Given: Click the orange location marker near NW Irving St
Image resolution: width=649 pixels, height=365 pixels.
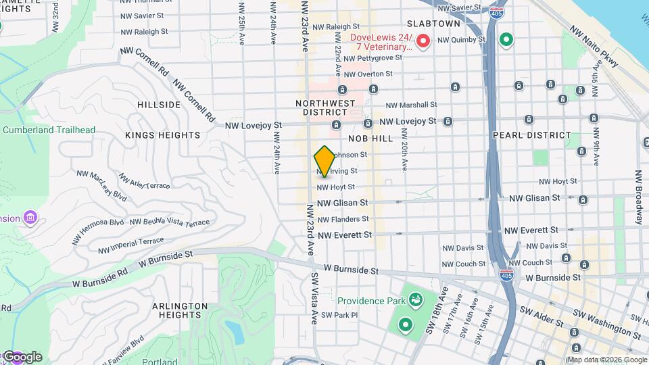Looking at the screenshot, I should (324, 162).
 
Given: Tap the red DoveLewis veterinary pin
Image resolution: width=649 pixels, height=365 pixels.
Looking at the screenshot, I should (423, 42).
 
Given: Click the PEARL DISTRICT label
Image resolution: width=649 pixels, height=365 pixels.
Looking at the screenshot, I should (531, 135).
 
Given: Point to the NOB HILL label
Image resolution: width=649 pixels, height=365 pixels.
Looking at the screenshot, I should (370, 138).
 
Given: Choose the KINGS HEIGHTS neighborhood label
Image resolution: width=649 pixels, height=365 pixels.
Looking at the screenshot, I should (162, 135).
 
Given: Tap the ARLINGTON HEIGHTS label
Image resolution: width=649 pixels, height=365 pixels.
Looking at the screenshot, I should (179, 310).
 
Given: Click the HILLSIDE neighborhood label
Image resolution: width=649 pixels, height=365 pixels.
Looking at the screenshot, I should (159, 105).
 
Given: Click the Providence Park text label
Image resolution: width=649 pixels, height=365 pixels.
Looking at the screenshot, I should (370, 301).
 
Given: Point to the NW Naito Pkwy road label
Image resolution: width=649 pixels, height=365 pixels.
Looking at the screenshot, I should (594, 47).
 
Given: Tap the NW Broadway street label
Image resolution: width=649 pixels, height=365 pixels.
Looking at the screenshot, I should (638, 196).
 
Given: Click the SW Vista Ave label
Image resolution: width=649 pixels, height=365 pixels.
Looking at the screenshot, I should (314, 298).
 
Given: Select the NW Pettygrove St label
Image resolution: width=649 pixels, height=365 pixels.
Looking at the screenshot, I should (372, 58).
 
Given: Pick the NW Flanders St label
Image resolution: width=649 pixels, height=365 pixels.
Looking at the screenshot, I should (343, 219).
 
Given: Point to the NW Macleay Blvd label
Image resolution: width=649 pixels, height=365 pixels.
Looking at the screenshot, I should (101, 187).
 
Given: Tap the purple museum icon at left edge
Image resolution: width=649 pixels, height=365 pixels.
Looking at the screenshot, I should (30, 218).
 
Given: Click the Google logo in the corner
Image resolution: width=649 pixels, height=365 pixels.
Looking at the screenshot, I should (22, 356).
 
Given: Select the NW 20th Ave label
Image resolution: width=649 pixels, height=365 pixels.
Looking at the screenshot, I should (404, 155).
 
